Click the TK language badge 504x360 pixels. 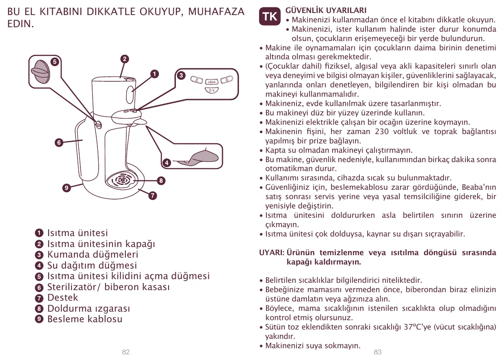pyautogui.click(x=270, y=17)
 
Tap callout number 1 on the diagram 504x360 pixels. pyautogui.click(x=154, y=74)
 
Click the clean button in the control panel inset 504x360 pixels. pyautogui.click(x=212, y=82)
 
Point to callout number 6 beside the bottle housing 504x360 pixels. pyautogui.click(x=59, y=142)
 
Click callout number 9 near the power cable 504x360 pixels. pyautogui.click(x=66, y=188)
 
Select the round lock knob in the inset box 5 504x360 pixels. pyautogui.click(x=40, y=72)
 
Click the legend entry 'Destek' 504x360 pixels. pyautogui.click(x=63, y=297)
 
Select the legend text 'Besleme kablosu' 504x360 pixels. pyautogui.click(x=84, y=319)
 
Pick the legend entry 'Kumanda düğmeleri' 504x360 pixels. pyautogui.click(x=93, y=254)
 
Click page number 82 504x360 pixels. pyautogui.click(x=126, y=352)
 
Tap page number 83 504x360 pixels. pyautogui.click(x=378, y=352)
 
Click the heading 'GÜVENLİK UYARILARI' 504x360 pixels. pyautogui.click(x=326, y=10)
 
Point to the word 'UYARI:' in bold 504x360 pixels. pyautogui.click(x=271, y=253)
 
